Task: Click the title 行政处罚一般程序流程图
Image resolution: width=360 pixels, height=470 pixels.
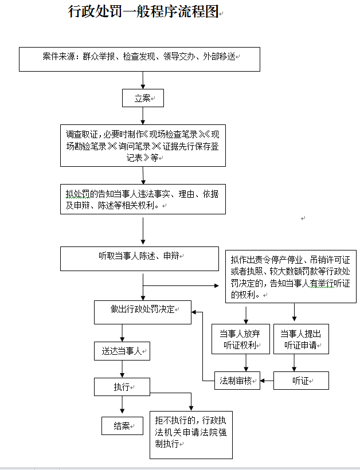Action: (144, 12)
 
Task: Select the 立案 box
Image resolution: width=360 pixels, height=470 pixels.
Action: (143, 98)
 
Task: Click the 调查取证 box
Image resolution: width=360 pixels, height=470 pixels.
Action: (143, 146)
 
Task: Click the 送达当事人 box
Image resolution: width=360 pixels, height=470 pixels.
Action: (122, 351)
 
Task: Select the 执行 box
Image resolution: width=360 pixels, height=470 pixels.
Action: (122, 387)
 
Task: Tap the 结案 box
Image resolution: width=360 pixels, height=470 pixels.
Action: (122, 426)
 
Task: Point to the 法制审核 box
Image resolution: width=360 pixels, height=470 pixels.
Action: (237, 381)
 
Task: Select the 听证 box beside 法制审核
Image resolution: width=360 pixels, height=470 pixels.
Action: (300, 381)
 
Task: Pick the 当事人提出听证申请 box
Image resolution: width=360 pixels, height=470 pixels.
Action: (301, 339)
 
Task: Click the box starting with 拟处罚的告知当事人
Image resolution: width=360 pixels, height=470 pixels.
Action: (143, 199)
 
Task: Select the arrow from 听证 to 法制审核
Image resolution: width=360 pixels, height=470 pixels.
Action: (267, 380)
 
